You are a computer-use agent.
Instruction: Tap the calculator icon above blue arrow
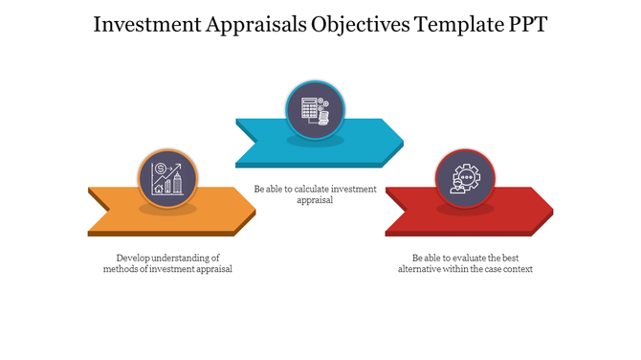(x=315, y=109)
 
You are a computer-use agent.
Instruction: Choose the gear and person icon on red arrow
(x=465, y=178)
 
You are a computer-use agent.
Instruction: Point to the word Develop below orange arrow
(x=133, y=258)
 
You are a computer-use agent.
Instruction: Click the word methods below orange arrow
(x=122, y=269)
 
